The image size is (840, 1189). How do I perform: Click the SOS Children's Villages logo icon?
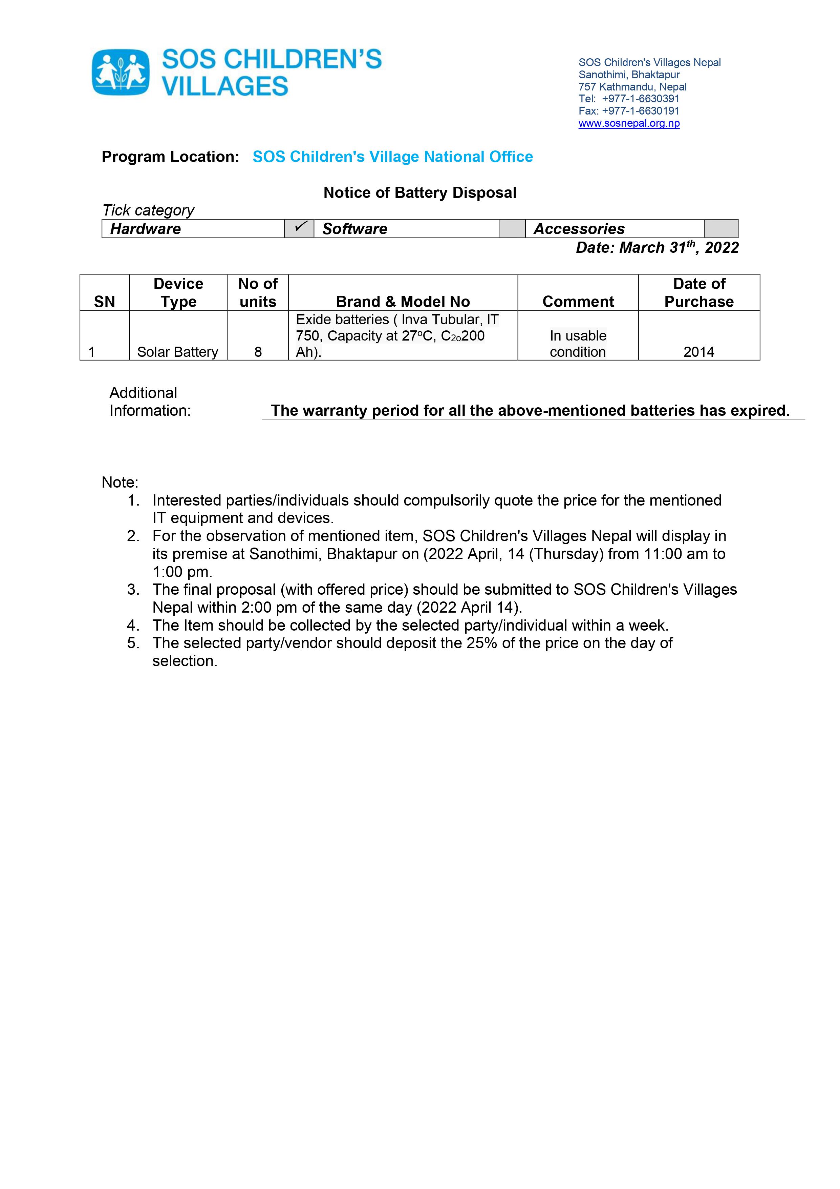pyautogui.click(x=121, y=73)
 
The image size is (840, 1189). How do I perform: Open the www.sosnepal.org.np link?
pyautogui.click(x=629, y=123)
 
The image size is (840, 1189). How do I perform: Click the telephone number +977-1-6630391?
pyautogui.click(x=640, y=98)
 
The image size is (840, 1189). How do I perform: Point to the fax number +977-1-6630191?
pyautogui.click(x=640, y=111)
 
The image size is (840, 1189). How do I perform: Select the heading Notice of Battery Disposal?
pyautogui.click(x=420, y=193)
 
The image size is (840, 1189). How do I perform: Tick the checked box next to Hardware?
pyautogui.click(x=299, y=228)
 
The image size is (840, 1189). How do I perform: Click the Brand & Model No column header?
pyautogui.click(x=403, y=301)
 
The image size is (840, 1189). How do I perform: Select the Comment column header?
pyautogui.click(x=578, y=301)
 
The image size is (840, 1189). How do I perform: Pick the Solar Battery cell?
pyautogui.click(x=177, y=352)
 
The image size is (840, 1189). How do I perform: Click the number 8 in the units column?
pyautogui.click(x=258, y=352)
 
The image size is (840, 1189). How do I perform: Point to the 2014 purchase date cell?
pyautogui.click(x=699, y=352)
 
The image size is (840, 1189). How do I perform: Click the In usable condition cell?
pyautogui.click(x=578, y=344)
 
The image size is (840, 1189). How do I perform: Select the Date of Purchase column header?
pyautogui.click(x=699, y=292)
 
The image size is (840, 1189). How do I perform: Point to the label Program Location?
pyautogui.click(x=170, y=157)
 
